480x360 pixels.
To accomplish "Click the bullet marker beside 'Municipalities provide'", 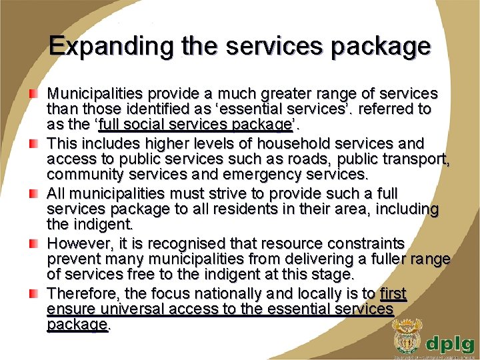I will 33,93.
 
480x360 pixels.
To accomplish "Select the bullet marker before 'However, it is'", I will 33,244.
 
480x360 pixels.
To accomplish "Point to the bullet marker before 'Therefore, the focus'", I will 33,294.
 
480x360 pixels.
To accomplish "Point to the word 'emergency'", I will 265,175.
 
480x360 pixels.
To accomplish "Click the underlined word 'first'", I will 393,294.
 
